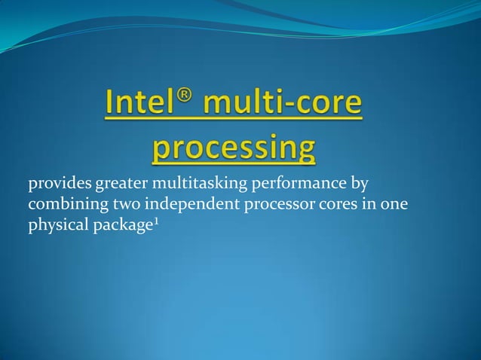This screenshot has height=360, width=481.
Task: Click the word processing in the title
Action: point(234,148)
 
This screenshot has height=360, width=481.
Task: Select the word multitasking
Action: point(195,184)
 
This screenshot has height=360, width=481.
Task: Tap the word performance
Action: point(295,184)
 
